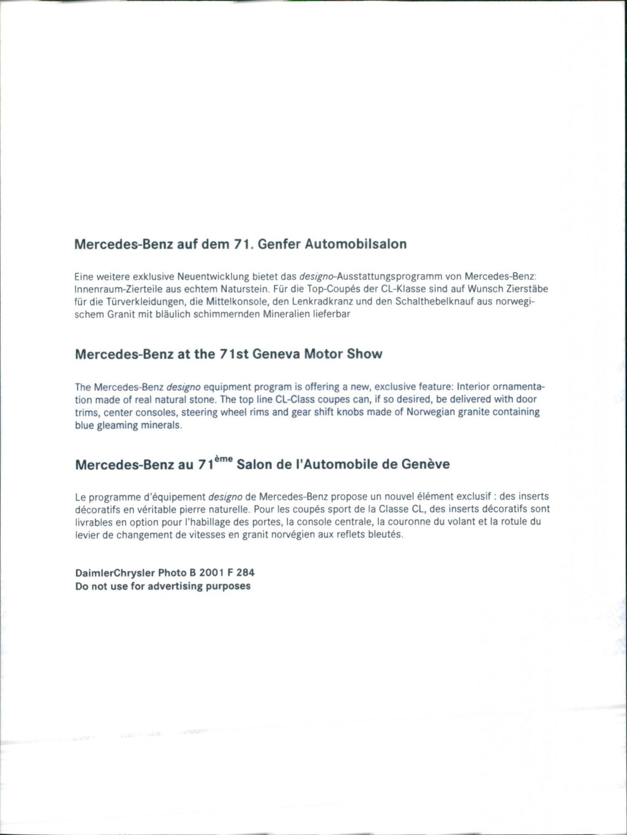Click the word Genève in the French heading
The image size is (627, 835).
pyautogui.click(x=425, y=464)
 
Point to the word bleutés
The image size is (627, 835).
pyautogui.click(x=385, y=534)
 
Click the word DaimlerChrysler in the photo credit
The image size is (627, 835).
pyautogui.click(x=115, y=573)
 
